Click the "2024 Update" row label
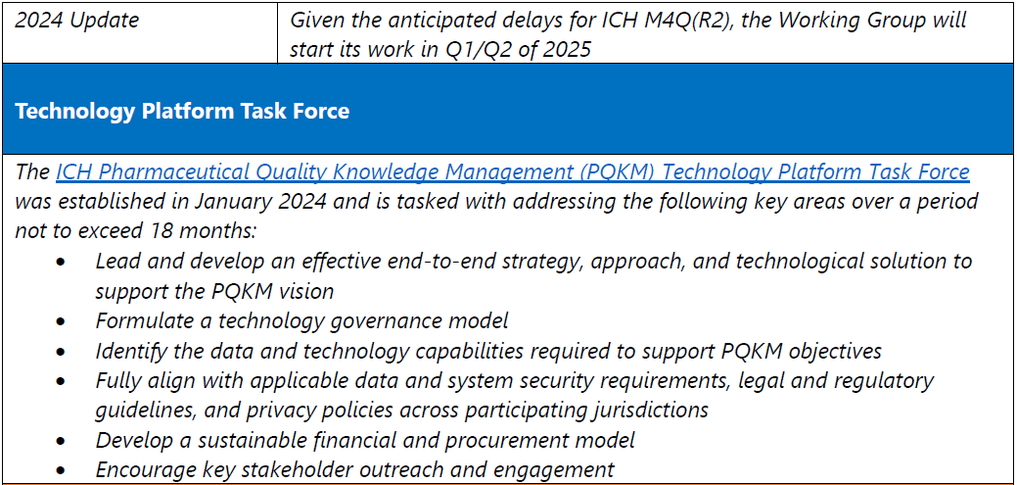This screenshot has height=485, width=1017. click(76, 21)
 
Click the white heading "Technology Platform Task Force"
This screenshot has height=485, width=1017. click(182, 111)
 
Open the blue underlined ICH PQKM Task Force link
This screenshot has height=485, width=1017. click(512, 172)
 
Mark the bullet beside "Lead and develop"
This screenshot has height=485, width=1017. click(61, 262)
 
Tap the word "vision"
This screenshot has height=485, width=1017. click(303, 291)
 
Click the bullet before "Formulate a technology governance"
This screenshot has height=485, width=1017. click(61, 321)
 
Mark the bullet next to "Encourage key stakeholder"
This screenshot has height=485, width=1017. click(61, 470)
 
